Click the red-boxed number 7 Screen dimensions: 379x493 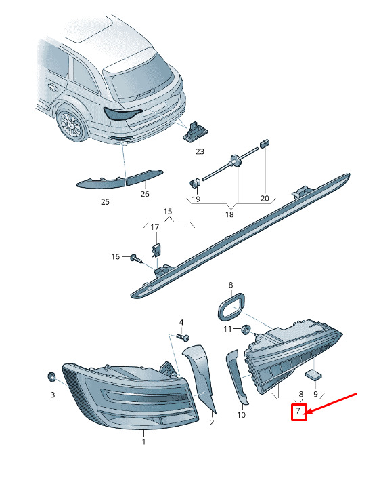coord(298,410)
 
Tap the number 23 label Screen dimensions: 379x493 coord(200,151)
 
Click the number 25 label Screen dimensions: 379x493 coord(105,202)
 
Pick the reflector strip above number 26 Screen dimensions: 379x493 coord(144,177)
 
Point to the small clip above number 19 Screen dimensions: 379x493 coord(195,182)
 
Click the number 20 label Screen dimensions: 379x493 coord(265,199)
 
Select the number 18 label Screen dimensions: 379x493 coord(229,214)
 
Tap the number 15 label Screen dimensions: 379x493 coord(168,212)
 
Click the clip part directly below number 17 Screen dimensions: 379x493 coord(157,250)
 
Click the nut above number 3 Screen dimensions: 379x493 coord(51,376)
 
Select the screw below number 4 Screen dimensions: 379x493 coord(183,338)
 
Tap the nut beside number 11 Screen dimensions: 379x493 coord(246,330)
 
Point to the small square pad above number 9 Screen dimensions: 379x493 coord(313,375)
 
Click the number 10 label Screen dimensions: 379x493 coord(241,415)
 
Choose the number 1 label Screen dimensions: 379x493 coord(143,441)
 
